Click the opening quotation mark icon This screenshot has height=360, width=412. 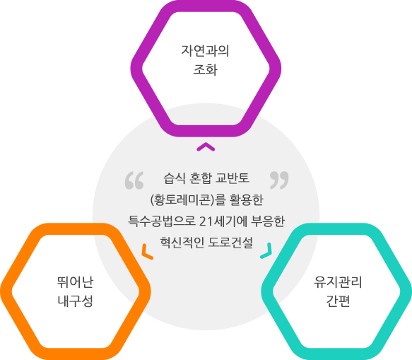[x=134, y=180]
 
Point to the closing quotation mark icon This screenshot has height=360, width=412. [x=279, y=180]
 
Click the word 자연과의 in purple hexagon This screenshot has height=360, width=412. [x=205, y=51]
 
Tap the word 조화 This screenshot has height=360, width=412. [x=206, y=70]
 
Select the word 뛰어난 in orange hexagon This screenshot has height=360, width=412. [x=75, y=282]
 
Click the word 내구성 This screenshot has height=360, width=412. [x=75, y=301]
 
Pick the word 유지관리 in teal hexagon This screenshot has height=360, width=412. [x=338, y=282]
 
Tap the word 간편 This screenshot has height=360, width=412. [x=338, y=301]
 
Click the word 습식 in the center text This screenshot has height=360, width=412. [x=175, y=178]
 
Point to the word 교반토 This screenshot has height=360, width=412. [x=232, y=178]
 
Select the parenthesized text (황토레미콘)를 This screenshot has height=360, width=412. [x=188, y=200]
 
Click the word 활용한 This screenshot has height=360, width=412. [x=247, y=200]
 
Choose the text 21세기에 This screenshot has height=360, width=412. [x=223, y=221]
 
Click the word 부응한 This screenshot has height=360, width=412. [x=268, y=221]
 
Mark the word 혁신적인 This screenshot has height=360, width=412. [x=182, y=243]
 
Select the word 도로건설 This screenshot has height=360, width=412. [x=230, y=243]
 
